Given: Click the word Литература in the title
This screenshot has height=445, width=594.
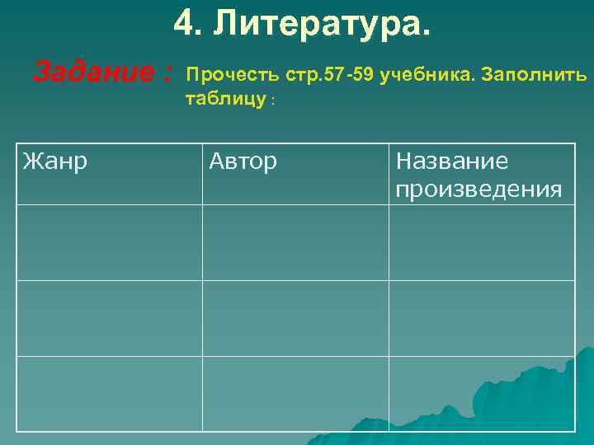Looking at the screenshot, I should coord(322,25).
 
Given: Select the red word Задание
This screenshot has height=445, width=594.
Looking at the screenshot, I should coord(90,74).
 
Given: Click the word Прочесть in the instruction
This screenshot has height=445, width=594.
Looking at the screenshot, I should coord(233,77).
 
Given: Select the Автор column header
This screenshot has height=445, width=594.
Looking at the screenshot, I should coord(243,162).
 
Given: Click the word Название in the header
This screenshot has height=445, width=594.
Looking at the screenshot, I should coord(452,162).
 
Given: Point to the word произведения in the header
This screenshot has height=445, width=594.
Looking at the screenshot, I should coord(478,190).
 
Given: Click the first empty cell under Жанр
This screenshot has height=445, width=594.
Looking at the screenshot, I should coord(110,242).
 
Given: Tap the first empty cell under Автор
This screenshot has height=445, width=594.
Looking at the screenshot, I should coord(295,242).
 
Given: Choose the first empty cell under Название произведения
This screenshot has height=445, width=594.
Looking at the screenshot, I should coord(482,242).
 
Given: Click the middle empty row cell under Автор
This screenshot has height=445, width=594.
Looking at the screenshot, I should coord(295,318).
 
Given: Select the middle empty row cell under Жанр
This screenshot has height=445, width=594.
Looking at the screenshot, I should coord(110,318).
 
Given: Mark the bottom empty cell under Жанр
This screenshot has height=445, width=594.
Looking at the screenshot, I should coord(110,393).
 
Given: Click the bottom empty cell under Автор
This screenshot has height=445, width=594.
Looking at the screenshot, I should coord(295,393).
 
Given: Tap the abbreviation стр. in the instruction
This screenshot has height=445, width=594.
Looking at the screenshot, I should coord(304,77).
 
